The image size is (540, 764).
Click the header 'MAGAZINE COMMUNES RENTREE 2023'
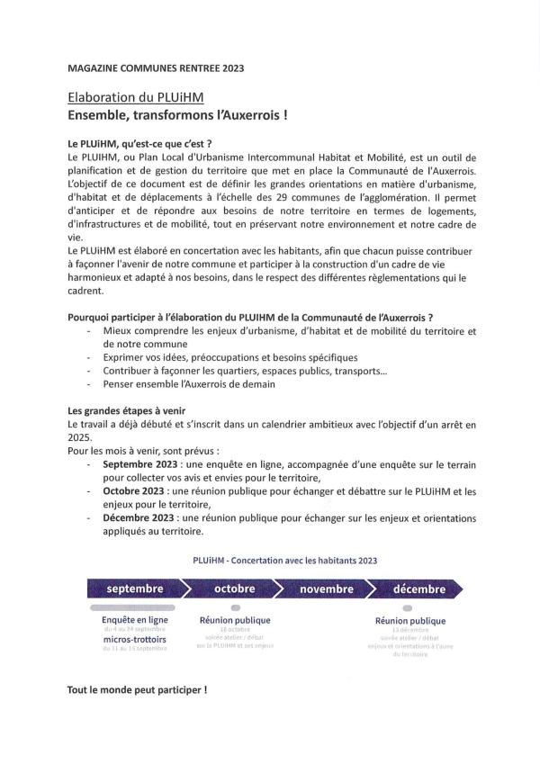pyautogui.click(x=156, y=67)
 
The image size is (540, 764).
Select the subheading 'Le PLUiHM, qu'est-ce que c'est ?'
pyautogui.click(x=139, y=143)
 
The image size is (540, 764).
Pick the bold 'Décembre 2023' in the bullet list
pyautogui.click(x=136, y=518)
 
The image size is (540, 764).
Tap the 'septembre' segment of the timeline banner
pyautogui.click(x=135, y=589)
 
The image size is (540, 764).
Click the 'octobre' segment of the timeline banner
pyautogui.click(x=234, y=589)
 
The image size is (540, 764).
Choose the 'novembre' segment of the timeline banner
pyautogui.click(x=327, y=589)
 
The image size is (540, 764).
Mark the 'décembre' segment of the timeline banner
pyautogui.click(x=418, y=589)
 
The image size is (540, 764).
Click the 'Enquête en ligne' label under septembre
pyautogui.click(x=135, y=620)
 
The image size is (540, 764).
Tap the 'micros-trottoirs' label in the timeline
pyautogui.click(x=135, y=639)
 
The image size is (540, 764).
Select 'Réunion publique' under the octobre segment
pyautogui.click(x=234, y=620)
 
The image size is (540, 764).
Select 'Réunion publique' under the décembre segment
pyautogui.click(x=409, y=621)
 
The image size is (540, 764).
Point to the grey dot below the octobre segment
pyautogui.click(x=235, y=608)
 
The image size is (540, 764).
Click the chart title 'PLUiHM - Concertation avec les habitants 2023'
pyautogui.click(x=284, y=560)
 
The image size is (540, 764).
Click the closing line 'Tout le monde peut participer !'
pyautogui.click(x=137, y=690)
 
